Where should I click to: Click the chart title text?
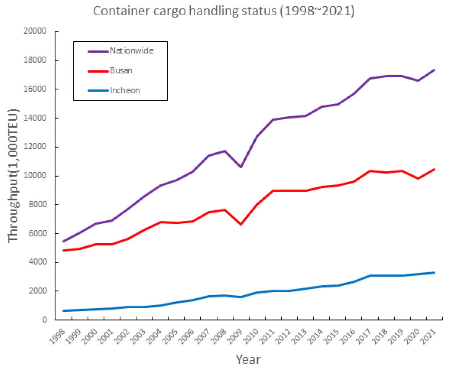[x=224, y=11]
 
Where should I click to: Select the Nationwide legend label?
[x=132, y=50]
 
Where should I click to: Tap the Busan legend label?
[x=121, y=70]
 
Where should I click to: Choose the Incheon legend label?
[x=125, y=91]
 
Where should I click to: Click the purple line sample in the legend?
[x=98, y=51]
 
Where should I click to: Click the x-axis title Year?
[x=248, y=359]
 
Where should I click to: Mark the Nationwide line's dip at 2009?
[x=241, y=167]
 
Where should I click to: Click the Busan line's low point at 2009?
[x=241, y=224]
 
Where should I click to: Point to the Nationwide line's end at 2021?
[x=434, y=70]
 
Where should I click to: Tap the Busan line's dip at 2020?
[x=418, y=179]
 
